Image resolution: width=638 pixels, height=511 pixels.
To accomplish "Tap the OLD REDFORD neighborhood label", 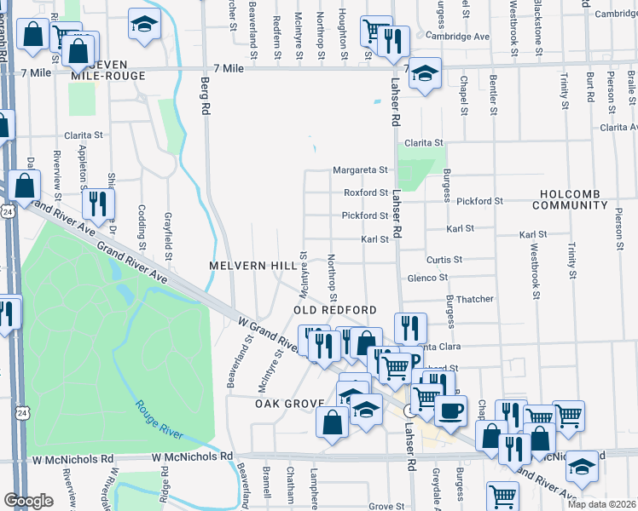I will tap(335, 310).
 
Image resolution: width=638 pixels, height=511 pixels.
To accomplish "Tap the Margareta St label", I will tap(360, 169).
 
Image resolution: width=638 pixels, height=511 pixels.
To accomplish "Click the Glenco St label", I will tap(427, 278).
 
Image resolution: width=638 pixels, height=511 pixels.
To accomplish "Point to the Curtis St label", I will tap(444, 259).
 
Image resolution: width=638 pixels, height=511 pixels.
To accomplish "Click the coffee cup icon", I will tap(450, 411).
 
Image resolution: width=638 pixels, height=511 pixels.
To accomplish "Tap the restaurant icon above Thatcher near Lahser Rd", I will tap(410, 328).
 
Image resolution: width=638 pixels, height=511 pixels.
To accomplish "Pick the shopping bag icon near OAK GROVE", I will tap(332, 422).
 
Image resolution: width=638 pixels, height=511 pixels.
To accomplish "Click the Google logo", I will tap(28, 501).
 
